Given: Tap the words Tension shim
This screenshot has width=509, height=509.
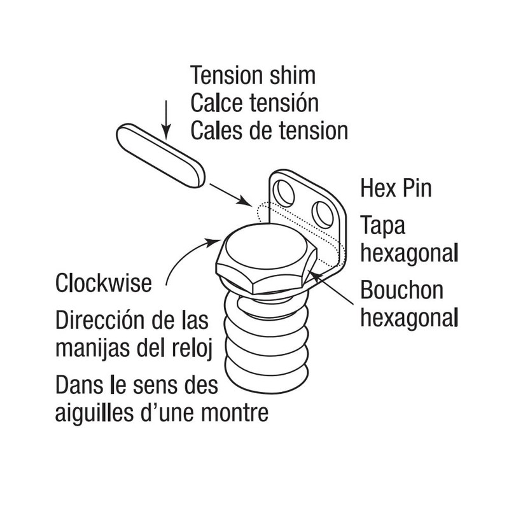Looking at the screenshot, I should (253, 76).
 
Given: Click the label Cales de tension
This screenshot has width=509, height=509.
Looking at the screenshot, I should (269, 130).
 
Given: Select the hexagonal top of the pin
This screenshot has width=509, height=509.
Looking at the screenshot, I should (264, 251).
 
